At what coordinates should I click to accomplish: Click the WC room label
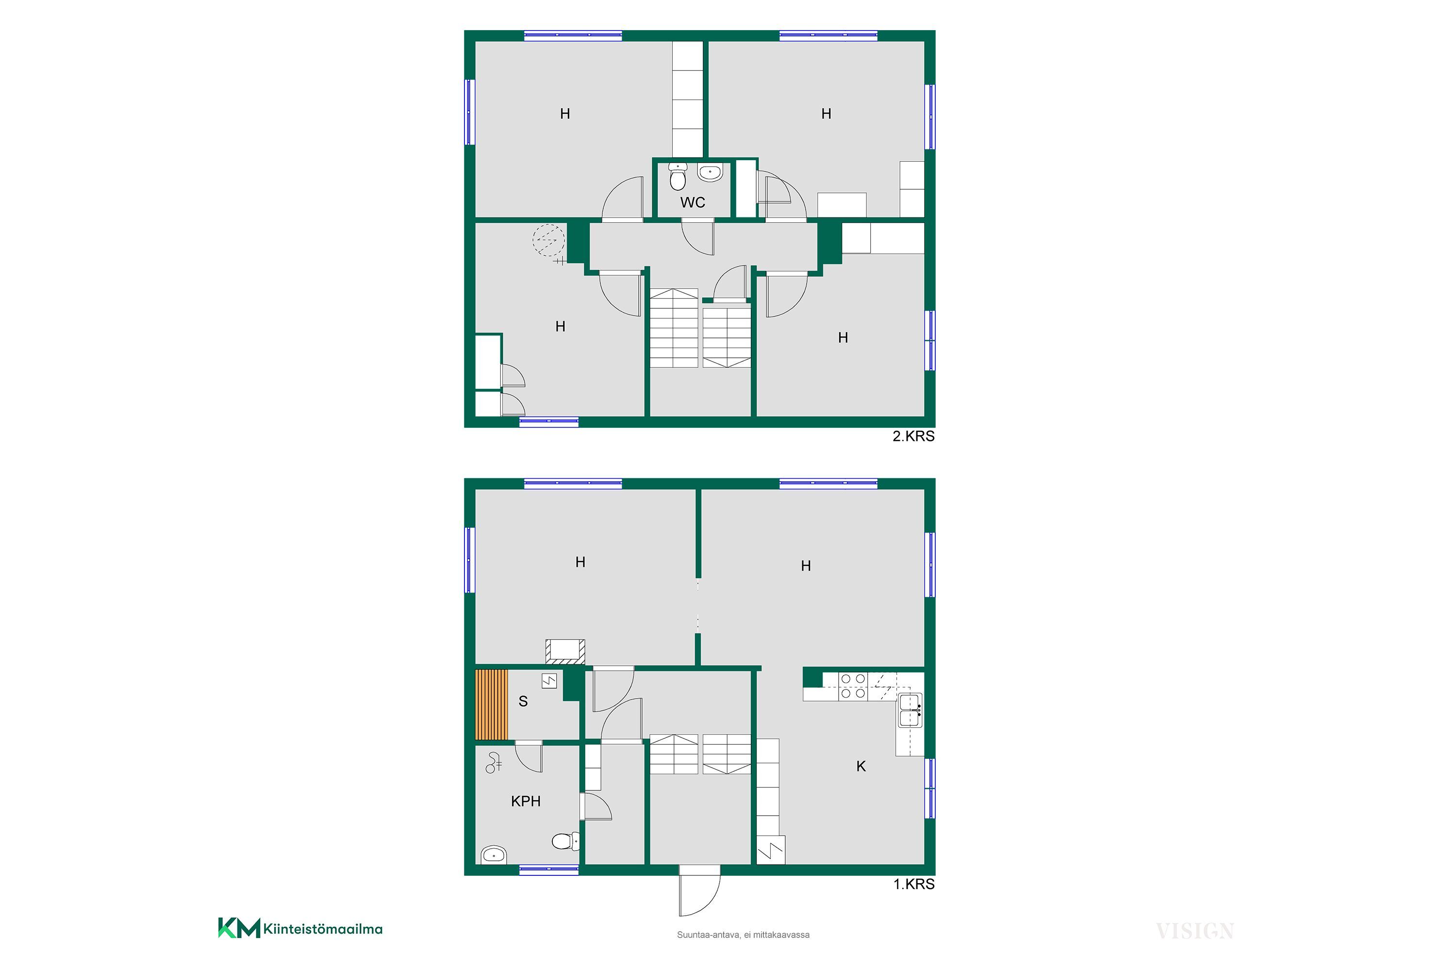692,202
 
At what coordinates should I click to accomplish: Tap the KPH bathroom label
526,802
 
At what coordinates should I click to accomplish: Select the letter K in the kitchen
860,767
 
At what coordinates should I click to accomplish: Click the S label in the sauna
523,701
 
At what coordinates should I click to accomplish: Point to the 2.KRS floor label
913,436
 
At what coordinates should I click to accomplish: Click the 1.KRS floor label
914,884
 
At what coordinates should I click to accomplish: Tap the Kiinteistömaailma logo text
323,929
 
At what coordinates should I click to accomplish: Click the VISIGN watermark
1195,931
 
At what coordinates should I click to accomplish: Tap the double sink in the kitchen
910,710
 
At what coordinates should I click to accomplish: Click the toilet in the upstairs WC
678,177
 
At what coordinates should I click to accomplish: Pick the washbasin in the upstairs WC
710,172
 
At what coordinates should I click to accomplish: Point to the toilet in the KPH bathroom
565,841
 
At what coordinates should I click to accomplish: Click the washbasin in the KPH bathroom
494,854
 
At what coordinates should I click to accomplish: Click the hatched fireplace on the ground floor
564,652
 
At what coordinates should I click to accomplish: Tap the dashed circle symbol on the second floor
549,240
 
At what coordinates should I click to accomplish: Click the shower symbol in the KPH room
494,763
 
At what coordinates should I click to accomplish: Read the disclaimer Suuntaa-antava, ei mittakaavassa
743,935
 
